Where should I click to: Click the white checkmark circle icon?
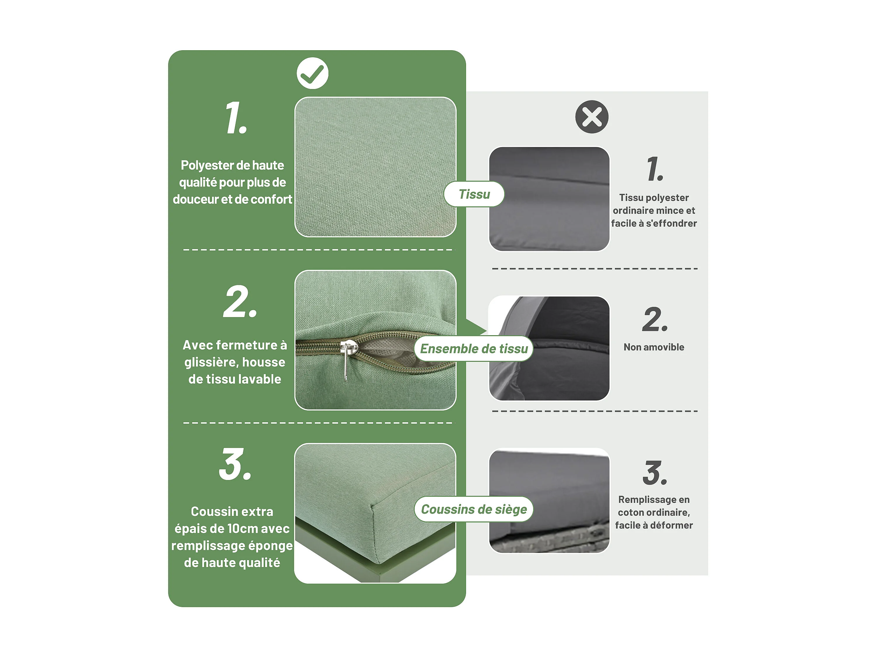(312, 73)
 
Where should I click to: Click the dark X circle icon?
(592, 117)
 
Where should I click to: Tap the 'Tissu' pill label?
(474, 194)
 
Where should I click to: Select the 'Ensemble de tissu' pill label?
(474, 348)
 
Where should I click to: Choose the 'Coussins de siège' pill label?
(474, 509)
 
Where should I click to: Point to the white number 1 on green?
(236, 118)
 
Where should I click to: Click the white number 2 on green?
(240, 301)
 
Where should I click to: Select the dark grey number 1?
(655, 169)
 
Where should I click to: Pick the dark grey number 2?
(655, 319)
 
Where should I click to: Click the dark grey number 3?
(655, 472)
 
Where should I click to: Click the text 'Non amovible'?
(654, 347)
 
